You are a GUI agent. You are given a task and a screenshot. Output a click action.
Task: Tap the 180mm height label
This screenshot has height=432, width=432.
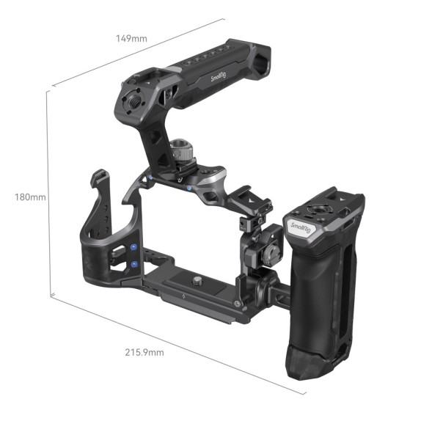tap(29, 197)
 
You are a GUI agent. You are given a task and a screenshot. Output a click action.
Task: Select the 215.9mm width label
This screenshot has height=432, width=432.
tap(144, 353)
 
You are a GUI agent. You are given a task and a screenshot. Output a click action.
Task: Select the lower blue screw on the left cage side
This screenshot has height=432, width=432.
tap(135, 264)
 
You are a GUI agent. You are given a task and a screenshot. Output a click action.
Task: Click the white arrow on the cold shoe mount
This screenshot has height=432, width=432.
tap(249, 207)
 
